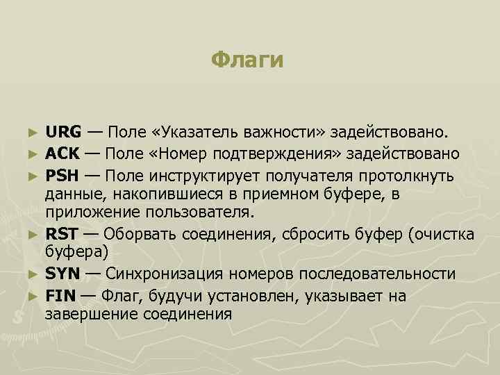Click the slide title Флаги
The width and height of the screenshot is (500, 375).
click(x=248, y=60)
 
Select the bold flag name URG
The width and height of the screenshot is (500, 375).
click(x=63, y=131)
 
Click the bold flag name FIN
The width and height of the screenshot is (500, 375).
click(x=60, y=295)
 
